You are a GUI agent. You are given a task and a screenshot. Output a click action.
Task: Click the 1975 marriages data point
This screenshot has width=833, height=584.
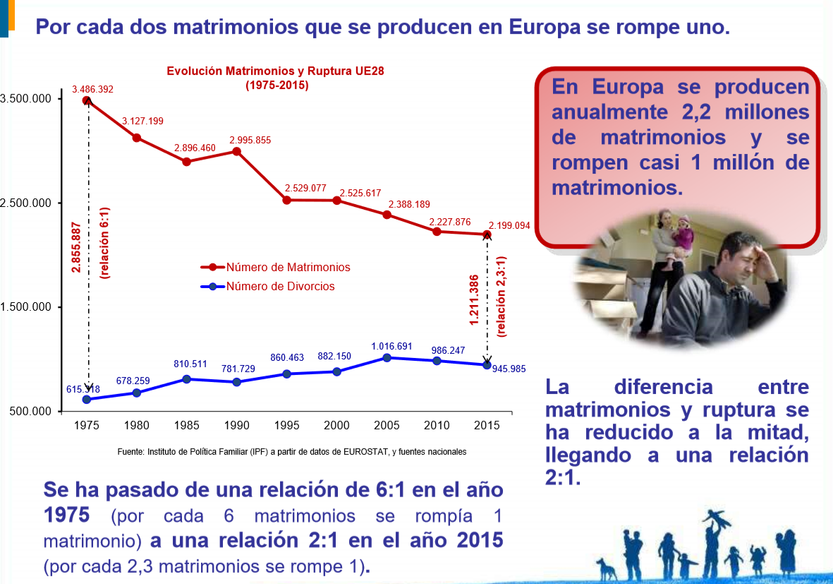click(x=87, y=100)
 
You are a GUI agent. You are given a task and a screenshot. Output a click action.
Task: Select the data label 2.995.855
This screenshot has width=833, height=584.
click(x=250, y=140)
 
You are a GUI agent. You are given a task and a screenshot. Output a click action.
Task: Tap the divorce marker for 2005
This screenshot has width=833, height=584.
click(x=387, y=357)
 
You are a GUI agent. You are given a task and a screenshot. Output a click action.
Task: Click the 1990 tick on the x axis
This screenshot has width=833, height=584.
click(x=236, y=426)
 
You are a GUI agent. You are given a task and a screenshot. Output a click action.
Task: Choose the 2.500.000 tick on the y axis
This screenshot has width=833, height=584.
click(x=26, y=203)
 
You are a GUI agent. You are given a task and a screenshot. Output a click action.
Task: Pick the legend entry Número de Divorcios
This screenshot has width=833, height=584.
click(x=280, y=287)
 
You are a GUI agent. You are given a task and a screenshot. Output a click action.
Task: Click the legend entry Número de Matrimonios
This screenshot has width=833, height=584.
click(x=288, y=268)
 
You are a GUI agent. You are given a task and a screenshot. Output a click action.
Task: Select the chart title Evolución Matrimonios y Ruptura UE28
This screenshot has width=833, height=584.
click(x=275, y=71)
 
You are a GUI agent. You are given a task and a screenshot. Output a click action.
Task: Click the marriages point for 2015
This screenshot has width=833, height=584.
click(x=487, y=234)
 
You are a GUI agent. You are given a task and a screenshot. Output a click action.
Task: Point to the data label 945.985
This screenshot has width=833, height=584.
click(x=509, y=369)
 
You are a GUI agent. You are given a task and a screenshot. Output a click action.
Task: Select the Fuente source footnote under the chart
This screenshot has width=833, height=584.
click(x=291, y=452)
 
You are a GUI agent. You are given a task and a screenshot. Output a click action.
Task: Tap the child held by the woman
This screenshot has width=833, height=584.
click(x=683, y=233)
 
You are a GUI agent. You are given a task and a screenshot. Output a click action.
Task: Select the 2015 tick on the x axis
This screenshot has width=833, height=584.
click(x=487, y=426)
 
